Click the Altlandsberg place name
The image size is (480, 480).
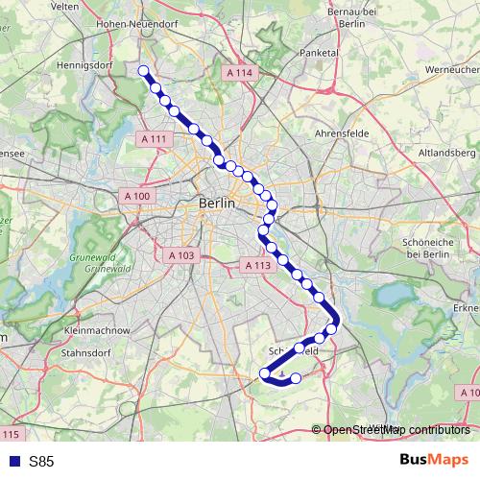(x=446, y=152)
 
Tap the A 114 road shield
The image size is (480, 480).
(x=240, y=73)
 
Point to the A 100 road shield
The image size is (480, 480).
(x=138, y=196)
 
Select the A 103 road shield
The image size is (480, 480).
(x=180, y=255)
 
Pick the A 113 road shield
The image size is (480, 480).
(x=257, y=265)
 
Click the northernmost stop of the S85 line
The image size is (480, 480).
(x=144, y=70)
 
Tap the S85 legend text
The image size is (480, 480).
(x=41, y=461)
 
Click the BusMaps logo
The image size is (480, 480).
(x=433, y=460)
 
